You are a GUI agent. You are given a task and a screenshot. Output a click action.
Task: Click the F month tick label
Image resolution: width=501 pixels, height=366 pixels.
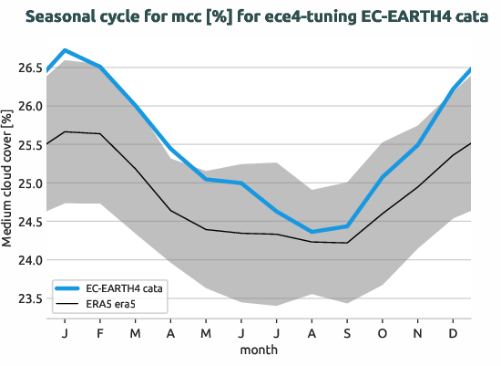100,332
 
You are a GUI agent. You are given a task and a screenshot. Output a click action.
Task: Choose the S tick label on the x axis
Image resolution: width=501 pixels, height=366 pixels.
347,332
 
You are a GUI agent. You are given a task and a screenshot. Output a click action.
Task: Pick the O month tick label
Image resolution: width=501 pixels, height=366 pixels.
383,332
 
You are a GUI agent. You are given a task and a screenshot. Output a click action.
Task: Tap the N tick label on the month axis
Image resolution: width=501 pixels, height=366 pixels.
418,332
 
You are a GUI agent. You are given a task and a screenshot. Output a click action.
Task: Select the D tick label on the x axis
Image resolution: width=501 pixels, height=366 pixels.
453,332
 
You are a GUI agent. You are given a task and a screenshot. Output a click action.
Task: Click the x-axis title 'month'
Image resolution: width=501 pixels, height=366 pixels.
259,350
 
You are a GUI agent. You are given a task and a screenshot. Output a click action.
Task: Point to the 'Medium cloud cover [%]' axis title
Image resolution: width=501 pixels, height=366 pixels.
8,182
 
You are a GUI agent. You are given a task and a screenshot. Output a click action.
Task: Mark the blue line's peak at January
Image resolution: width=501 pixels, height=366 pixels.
65,50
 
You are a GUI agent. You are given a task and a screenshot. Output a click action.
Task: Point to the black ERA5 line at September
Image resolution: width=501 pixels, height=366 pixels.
347,243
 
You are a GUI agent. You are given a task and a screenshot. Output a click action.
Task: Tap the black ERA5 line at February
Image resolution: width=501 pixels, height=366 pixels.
100,134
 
